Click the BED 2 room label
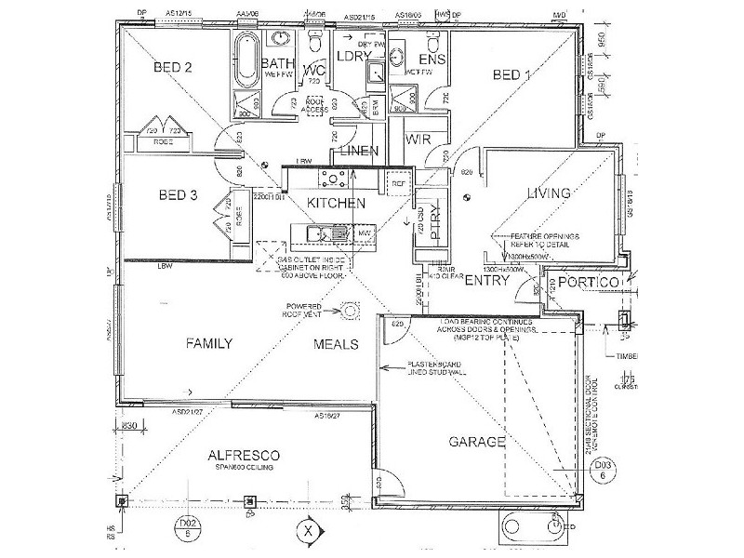173,67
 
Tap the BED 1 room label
511,74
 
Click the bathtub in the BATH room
247,58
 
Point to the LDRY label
352,57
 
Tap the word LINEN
357,151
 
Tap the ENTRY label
485,280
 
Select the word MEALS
336,344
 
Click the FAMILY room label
208,343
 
